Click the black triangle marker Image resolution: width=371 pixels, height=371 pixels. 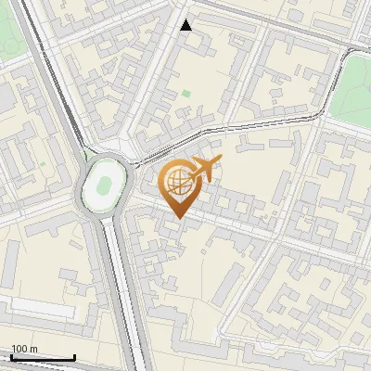click(x=186, y=25)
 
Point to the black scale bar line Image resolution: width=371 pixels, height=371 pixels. click(x=43, y=357)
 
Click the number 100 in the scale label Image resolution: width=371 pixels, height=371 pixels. click(x=19, y=349)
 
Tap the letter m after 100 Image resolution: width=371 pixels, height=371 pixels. click(x=33, y=349)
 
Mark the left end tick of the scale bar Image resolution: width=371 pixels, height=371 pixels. click(x=11, y=356)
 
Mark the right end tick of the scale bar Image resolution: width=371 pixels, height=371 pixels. click(x=74, y=356)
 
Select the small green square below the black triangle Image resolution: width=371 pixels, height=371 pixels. click(x=186, y=94)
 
